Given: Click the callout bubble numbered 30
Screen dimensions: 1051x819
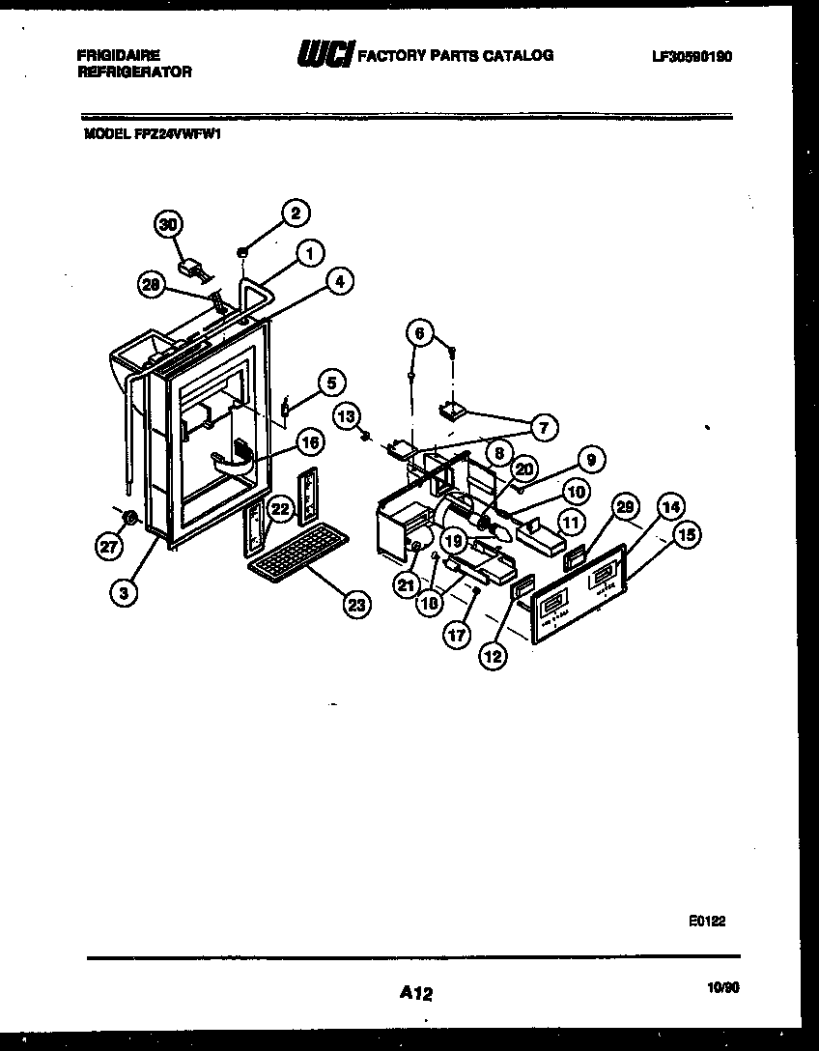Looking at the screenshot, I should [x=170, y=224].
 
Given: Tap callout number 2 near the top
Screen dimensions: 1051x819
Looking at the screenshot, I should [x=296, y=213].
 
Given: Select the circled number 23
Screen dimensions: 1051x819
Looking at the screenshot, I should [x=357, y=606].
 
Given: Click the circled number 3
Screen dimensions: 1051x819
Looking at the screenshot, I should [x=123, y=593].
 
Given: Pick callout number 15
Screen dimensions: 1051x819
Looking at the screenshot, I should [x=687, y=537].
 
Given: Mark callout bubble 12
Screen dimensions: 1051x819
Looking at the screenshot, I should [x=494, y=656].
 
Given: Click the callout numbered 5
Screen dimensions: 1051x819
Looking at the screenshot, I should [x=330, y=383].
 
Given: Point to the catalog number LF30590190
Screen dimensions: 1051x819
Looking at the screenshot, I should [x=692, y=57].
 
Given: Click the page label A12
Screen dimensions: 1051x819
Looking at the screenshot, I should [x=416, y=992].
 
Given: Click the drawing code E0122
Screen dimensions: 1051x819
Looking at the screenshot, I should [x=707, y=923].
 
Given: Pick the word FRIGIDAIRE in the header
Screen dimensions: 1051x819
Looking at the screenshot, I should [x=118, y=56].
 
